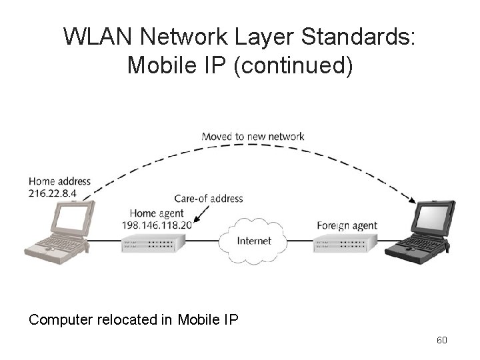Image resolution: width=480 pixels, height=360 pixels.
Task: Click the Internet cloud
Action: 254,240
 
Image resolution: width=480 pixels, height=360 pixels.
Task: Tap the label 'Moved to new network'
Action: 253,137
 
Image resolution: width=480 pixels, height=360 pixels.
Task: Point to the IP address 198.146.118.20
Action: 157,225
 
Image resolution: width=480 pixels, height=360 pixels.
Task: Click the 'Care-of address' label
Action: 208,199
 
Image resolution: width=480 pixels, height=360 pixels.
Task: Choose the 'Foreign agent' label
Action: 347,225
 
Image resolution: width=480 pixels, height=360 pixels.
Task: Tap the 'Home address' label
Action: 59,181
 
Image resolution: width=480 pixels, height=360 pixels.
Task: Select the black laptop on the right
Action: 420,230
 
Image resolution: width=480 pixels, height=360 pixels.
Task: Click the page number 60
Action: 441,341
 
